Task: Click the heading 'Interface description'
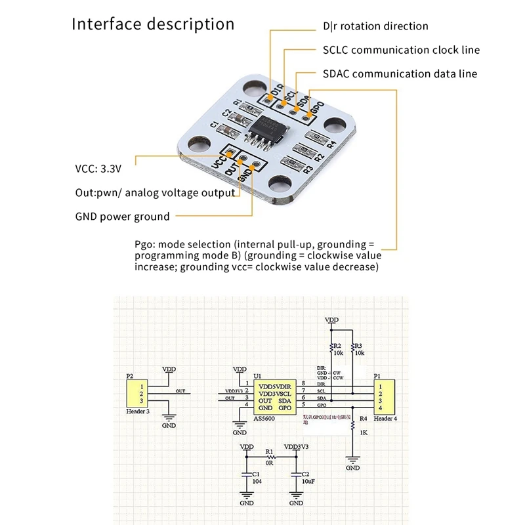coord(153,24)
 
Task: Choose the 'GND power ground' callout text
coord(122,217)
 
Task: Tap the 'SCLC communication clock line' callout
coord(401,50)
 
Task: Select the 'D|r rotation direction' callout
coord(375,26)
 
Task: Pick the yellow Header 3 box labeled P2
coord(135,392)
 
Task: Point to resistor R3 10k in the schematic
coord(353,352)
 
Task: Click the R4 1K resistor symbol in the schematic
coord(354,429)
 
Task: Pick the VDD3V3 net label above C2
coord(297,447)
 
